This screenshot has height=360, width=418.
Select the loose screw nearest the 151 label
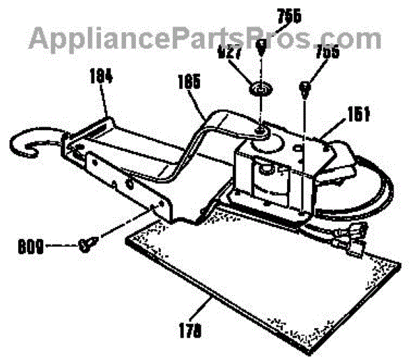point(305,86)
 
